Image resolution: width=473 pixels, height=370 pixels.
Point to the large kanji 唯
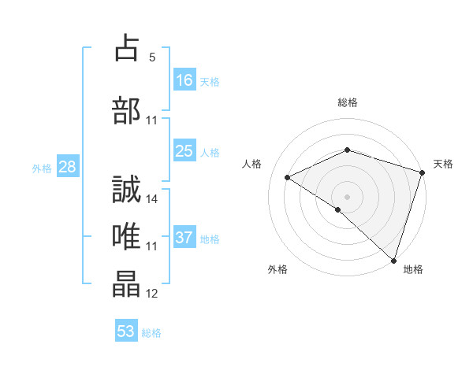(127, 235)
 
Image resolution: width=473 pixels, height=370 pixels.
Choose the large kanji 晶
(127, 284)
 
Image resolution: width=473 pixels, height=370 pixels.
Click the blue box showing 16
(184, 80)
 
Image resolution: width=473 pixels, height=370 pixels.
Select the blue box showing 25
(184, 151)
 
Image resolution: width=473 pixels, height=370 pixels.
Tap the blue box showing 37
(184, 238)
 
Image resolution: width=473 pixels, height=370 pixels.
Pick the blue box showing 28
(67, 166)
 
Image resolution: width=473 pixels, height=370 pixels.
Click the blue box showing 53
(126, 331)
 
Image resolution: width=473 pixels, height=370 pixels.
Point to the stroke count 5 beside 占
(152, 57)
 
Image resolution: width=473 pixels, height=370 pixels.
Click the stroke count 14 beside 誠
(152, 198)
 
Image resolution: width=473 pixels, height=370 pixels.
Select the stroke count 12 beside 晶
(152, 294)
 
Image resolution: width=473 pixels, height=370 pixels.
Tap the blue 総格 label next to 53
(151, 333)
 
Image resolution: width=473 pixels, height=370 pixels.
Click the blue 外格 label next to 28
(41, 168)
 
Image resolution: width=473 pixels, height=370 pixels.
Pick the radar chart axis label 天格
(443, 164)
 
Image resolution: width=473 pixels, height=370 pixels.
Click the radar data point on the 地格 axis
(393, 260)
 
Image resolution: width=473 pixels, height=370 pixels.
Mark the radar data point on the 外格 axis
(337, 209)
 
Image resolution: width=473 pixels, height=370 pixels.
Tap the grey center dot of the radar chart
(347, 196)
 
